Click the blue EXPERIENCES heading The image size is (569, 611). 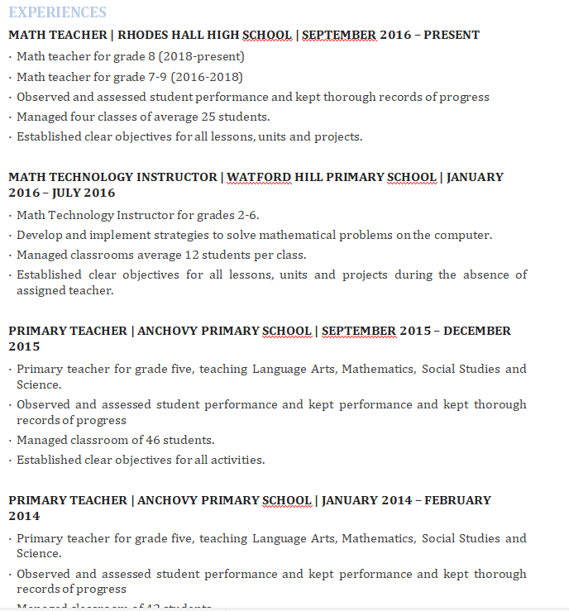click(58, 12)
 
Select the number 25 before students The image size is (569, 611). click(208, 117)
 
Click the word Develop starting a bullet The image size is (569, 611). click(41, 235)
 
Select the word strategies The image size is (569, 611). click(181, 235)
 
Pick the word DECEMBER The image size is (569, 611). click(478, 331)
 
